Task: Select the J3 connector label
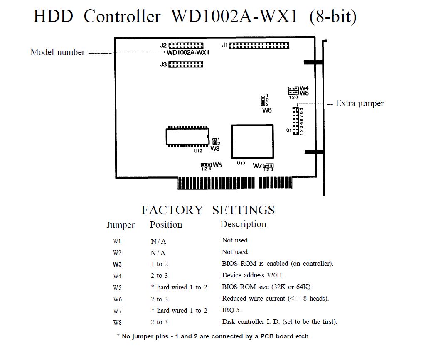point(163,65)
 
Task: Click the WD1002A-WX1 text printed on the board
point(188,53)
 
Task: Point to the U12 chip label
point(198,151)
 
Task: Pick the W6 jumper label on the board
point(267,110)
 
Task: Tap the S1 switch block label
point(288,130)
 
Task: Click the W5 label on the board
point(217,165)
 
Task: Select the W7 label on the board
point(257,166)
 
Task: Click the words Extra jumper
point(359,103)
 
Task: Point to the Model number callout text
point(57,52)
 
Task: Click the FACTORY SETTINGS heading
point(208,210)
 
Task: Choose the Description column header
point(243,224)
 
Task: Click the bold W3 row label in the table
point(117,264)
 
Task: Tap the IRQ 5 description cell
point(231,310)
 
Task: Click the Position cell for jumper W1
point(158,241)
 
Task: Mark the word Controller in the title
point(122,16)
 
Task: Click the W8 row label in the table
point(117,322)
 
